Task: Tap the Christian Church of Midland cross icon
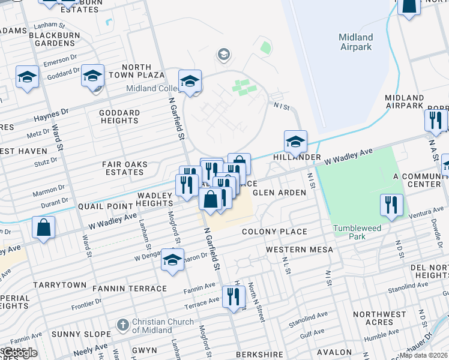pos(122,325)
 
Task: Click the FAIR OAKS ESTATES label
pos(123,168)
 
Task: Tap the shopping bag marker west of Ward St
pos(44,228)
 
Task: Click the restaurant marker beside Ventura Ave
pos(391,206)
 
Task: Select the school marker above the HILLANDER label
pos(295,142)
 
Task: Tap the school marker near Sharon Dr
pos(172,260)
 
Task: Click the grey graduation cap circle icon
pos(223,55)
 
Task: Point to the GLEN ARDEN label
pos(279,193)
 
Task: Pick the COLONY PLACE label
pos(274,232)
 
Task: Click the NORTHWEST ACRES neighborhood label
pos(379,319)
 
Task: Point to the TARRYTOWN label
pos(57,284)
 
